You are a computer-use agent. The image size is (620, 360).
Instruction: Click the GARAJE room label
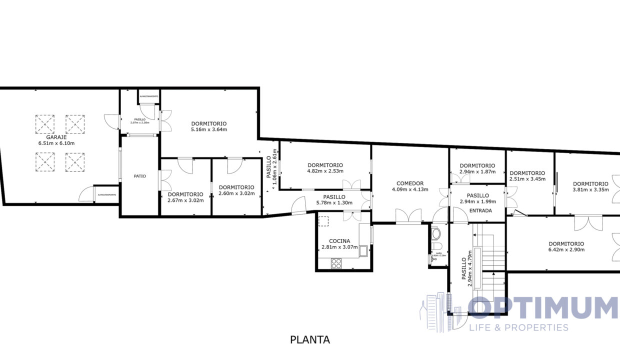56,136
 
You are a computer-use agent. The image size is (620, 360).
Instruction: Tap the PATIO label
140,176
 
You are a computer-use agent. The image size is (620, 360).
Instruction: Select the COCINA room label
339,240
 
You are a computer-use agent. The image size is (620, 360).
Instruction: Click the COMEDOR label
410,183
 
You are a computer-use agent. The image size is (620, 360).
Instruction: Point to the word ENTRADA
480,210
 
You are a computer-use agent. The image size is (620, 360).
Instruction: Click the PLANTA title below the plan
310,340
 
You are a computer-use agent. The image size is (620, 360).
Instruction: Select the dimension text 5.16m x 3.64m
209,130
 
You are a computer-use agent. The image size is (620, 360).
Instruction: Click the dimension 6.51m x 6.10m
56,143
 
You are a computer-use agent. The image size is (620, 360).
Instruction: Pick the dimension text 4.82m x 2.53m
325,171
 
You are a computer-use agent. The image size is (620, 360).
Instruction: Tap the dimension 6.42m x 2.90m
566,249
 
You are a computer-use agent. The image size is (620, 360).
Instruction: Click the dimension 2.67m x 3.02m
185,201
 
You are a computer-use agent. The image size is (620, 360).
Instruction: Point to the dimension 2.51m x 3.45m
527,179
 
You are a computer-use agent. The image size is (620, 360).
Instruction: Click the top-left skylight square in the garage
45,124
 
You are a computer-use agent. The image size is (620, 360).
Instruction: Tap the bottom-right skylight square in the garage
75,162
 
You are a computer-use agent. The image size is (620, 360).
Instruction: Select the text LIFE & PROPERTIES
519,327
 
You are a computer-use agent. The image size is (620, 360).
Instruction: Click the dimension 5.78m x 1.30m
334,203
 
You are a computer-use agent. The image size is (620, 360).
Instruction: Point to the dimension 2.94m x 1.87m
477,172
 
